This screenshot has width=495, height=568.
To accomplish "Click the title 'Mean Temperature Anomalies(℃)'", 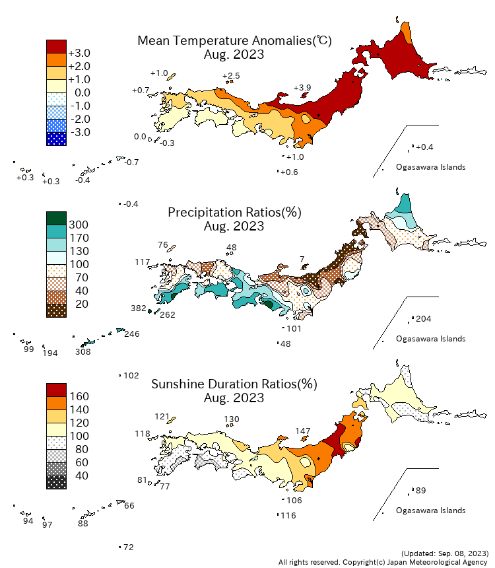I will point(234,40).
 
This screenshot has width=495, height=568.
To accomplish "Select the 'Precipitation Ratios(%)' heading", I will point(234,212).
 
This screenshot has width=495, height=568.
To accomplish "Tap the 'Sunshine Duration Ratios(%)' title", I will point(234,384).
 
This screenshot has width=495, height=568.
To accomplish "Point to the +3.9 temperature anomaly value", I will point(302,88).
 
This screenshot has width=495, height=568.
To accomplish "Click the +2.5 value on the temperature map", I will point(231,76).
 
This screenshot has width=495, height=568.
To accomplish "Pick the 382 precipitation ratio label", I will point(139,308).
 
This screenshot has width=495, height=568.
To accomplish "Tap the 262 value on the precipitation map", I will point(168,315).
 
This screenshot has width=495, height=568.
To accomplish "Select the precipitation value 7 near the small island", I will point(302,258).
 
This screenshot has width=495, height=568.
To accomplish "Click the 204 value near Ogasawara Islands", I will point(424,319).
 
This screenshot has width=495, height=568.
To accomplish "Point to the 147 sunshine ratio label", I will point(302,431).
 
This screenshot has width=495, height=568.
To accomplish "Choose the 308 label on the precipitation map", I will point(83,353).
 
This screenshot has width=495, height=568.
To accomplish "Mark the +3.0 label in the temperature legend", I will point(79,53).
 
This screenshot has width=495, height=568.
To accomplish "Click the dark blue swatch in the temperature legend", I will point(56,139).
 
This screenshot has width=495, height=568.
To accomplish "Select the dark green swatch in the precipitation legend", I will point(56,218).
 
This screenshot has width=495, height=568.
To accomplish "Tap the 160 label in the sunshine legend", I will point(79,396).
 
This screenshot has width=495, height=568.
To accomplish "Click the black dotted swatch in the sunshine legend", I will point(56,482).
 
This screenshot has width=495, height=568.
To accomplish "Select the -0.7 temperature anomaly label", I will point(131,162).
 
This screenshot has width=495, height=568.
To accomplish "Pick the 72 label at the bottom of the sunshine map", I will point(129,548).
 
